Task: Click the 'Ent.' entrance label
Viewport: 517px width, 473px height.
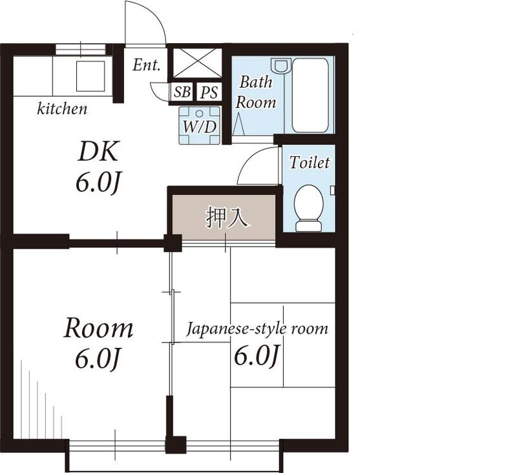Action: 147,65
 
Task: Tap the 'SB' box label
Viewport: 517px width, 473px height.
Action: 182,92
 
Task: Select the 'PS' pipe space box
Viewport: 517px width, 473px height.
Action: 208,92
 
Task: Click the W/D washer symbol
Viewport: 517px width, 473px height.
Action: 199,125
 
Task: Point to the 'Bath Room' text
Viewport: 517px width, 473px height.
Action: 255,92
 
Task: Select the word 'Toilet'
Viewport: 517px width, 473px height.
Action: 309,163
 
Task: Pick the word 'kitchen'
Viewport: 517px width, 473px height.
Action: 62,109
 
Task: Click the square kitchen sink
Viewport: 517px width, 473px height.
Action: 90,77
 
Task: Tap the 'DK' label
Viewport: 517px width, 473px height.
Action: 98,152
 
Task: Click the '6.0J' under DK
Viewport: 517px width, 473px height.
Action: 98,183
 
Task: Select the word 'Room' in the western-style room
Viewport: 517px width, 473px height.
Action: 98,328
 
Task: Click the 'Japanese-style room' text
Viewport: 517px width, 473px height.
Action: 257,328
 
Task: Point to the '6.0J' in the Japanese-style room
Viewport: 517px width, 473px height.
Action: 257,356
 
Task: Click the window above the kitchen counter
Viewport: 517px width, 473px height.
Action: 81,49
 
